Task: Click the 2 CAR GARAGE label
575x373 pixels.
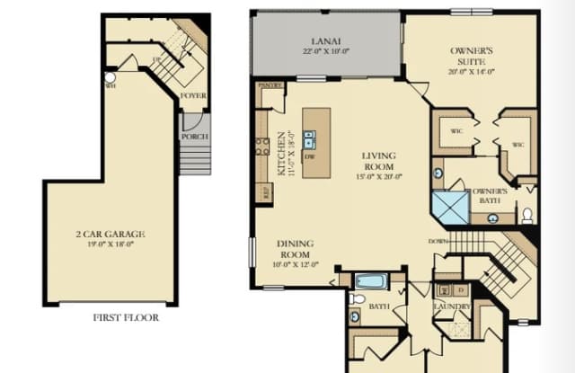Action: coord(110,234)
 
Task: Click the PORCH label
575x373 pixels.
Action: coord(194,137)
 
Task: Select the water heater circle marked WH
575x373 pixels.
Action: coord(110,77)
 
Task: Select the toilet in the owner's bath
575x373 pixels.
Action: coord(526,216)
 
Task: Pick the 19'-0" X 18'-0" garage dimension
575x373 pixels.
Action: coord(110,244)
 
